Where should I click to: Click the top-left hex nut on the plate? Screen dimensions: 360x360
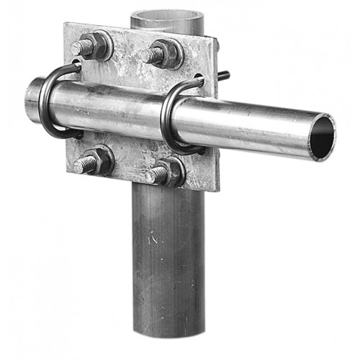[x=99, y=46]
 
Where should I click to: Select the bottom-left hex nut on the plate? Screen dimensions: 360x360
[x=101, y=161]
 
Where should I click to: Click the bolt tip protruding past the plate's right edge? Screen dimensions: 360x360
[x=225, y=74]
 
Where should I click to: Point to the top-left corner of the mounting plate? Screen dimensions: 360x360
[x=66, y=24]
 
